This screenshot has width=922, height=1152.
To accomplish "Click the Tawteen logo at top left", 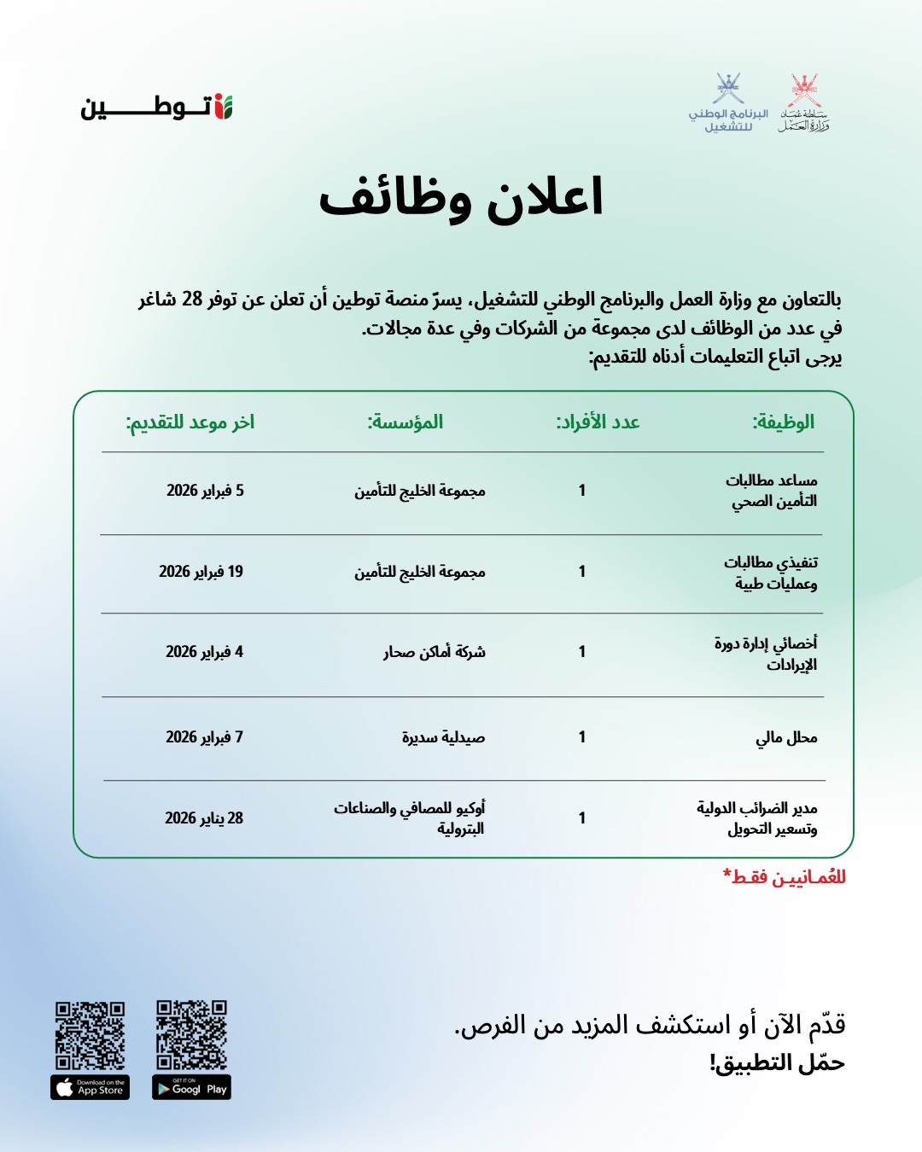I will coord(157,108).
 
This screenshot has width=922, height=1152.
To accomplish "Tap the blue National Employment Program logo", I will coord(728,102).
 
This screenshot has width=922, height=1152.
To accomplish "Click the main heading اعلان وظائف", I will coord(461,198).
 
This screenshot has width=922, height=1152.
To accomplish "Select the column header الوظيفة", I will coord(783,422).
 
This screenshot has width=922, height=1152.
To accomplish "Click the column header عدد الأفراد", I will coord(598,422).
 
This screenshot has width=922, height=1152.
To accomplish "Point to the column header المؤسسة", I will coord(405,422).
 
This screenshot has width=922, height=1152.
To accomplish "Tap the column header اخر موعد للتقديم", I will coord(190,422).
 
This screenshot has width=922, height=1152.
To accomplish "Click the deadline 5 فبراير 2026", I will coord(205,491).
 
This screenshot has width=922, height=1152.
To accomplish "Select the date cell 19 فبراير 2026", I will coord(201,572).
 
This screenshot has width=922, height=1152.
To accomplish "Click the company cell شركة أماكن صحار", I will coord(434,652).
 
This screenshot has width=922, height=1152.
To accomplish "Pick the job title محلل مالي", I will coord(786,737).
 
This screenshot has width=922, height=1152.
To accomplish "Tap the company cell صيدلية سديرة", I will coord(443,737).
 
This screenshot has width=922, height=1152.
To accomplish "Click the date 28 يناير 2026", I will coord(204,818).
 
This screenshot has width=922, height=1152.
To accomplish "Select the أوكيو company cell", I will coord(410,817).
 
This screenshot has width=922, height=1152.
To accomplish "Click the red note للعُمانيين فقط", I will coord(784,877).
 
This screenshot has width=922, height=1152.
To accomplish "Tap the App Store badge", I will coord(90,1087).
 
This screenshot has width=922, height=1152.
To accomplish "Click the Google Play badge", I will coord(191,1087).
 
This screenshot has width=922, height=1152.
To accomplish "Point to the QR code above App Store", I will coord(90,1035).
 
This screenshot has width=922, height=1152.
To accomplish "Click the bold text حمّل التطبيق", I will coord(776,1063).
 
